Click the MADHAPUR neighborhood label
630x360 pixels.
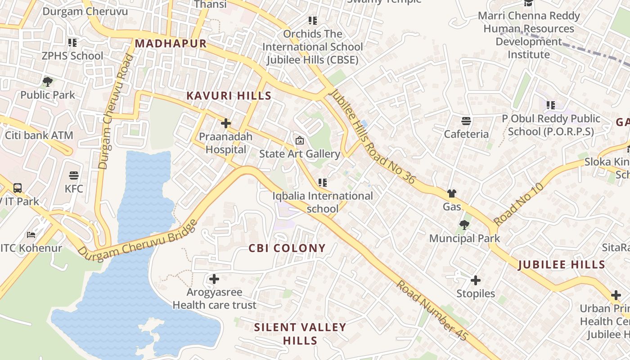[171, 44]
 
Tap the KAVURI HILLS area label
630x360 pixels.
[229, 96]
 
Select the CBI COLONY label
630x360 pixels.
[287, 248]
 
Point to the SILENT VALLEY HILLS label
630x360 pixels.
[300, 334]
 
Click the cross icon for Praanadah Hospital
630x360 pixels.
[226, 123]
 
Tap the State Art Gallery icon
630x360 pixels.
[299, 141]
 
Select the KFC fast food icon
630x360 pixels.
[74, 175]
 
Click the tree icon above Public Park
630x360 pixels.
[48, 82]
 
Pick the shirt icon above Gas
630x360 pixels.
[452, 193]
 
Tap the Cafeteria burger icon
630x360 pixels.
[466, 121]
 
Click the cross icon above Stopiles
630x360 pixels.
[476, 280]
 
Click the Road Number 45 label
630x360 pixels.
[432, 311]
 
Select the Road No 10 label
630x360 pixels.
[518, 204]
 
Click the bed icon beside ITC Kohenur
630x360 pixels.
[31, 235]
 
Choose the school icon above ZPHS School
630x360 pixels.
[72, 43]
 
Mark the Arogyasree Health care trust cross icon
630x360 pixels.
[214, 279]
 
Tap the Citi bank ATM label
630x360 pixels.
[39, 135]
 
